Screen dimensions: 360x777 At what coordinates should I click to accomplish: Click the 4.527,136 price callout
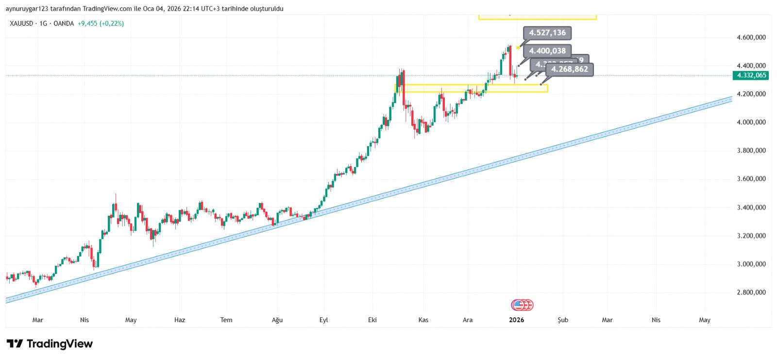coord(547,33)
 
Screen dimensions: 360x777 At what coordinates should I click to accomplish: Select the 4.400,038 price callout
coord(547,51)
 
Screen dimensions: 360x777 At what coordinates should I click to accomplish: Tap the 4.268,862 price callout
coord(569,69)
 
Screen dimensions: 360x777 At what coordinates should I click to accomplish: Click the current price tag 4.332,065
coord(751,75)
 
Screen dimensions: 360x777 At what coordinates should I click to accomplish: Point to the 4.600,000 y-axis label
coord(751,37)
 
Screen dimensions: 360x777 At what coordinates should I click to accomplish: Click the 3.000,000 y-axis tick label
coord(751,264)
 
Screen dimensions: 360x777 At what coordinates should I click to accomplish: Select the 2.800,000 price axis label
coord(751,292)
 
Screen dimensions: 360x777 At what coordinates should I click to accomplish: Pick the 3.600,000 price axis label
coord(751,179)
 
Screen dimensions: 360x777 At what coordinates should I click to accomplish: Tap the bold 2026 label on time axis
coord(516,320)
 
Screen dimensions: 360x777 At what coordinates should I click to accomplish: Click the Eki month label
coord(372,320)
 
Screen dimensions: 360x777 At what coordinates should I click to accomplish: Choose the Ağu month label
coord(277,320)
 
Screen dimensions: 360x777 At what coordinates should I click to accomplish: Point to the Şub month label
coord(563,320)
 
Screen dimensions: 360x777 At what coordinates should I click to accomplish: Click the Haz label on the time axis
coord(180,320)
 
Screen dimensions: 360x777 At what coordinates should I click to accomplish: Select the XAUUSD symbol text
coord(21,23)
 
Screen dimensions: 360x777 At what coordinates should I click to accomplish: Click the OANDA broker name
coord(64,23)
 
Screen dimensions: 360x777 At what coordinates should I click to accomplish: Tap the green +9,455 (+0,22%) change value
coord(101,23)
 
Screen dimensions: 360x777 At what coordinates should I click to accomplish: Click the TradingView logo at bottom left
coord(50,344)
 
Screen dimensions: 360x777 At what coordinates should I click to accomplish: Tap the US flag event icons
coord(522,305)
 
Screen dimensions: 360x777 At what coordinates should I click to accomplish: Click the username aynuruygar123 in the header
coord(29,9)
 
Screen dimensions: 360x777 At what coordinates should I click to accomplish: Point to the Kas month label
coord(423,320)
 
